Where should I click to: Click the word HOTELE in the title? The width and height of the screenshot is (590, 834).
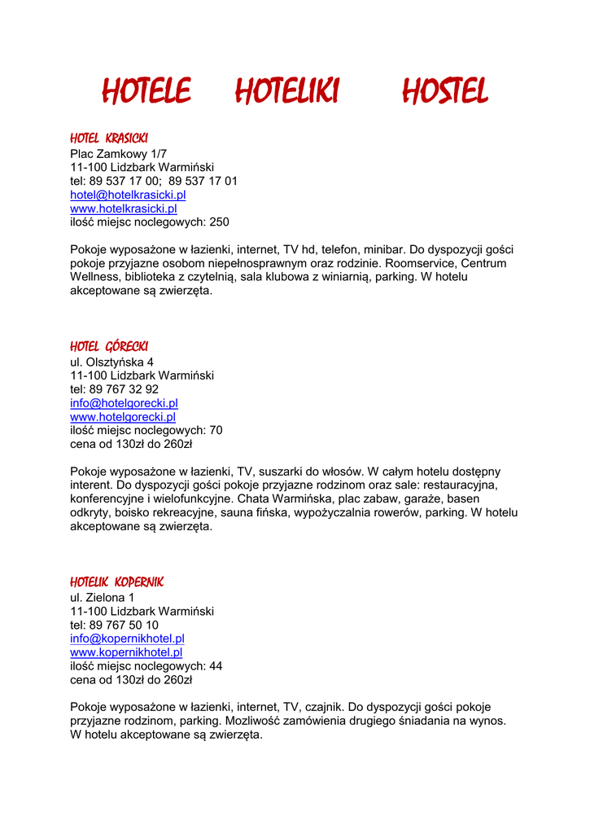click(146, 91)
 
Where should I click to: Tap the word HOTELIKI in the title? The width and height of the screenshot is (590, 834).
click(286, 91)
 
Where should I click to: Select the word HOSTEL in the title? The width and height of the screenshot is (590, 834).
click(444, 91)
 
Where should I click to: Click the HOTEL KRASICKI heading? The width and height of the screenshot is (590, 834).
click(109, 138)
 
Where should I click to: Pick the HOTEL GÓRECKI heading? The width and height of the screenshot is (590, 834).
click(109, 347)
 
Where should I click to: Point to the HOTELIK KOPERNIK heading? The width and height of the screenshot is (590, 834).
click(117, 582)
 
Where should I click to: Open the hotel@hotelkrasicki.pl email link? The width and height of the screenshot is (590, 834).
click(128, 195)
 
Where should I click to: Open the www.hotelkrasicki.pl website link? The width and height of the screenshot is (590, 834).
click(124, 208)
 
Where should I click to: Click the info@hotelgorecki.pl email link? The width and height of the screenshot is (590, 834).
click(124, 403)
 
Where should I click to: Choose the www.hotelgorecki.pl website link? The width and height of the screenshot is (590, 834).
click(123, 417)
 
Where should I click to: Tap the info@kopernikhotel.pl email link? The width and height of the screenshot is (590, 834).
click(127, 639)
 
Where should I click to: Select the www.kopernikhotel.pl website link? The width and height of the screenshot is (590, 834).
click(126, 652)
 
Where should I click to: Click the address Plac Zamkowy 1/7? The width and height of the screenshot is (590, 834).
click(118, 153)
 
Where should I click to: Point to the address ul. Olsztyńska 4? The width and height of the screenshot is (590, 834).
click(111, 362)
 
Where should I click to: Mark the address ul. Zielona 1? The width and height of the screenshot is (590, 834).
click(103, 597)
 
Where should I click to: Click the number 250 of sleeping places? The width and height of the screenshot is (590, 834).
click(219, 222)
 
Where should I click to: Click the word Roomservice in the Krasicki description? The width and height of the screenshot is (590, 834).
click(419, 264)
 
